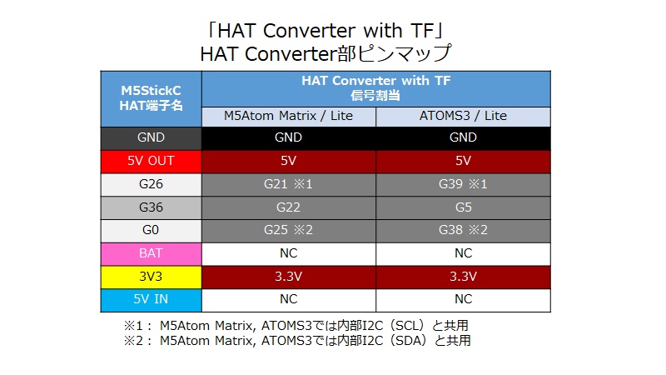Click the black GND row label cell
tap(151, 137)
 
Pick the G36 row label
tap(151, 207)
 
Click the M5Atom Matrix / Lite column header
tap(289, 116)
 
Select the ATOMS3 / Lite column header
tap(463, 116)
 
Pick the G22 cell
tap(289, 207)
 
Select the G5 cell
tap(463, 207)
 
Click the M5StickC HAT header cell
tap(151, 99)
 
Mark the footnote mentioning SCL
tap(301, 325)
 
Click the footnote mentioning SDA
tap(301, 340)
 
